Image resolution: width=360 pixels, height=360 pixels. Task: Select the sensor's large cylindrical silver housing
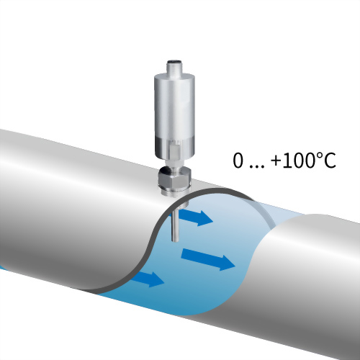pyautogui.click(x=174, y=115)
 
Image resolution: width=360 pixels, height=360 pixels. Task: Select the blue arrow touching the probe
pyautogui.click(x=195, y=217)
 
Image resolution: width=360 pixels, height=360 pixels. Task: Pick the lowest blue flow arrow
pyautogui.click(x=148, y=279)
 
